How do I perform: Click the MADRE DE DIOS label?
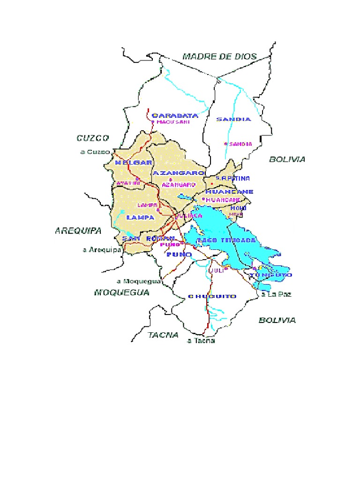[x=219, y=57]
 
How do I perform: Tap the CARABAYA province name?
[x=175, y=115]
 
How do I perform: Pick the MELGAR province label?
[x=134, y=163]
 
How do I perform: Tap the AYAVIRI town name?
[x=128, y=182]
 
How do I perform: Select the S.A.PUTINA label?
[x=232, y=178]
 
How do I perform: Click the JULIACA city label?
[x=188, y=216]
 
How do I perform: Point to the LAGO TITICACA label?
[x=226, y=240]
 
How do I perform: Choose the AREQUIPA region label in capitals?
[x=78, y=231]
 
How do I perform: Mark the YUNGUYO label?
[x=271, y=275]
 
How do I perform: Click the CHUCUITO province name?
[x=212, y=296]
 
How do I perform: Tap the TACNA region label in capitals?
[x=163, y=335]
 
